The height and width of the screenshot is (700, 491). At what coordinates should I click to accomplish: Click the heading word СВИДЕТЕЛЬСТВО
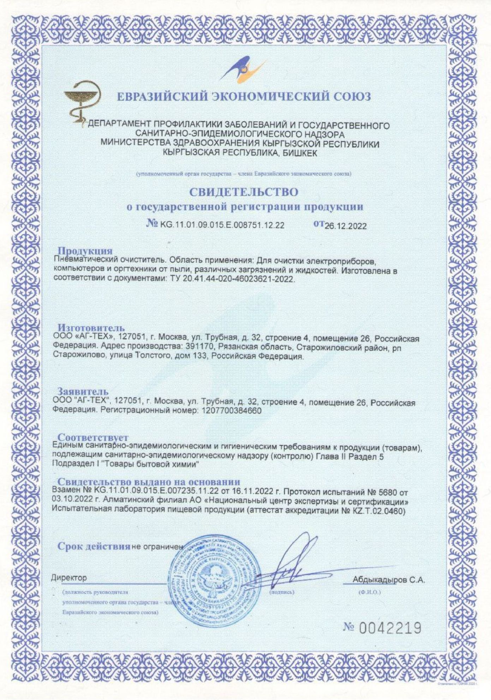click(244, 192)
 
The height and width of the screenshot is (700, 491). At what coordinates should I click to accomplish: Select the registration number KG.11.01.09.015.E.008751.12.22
click(222, 225)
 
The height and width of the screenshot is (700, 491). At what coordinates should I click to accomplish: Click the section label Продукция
click(85, 251)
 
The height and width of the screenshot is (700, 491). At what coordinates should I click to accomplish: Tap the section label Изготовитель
click(91, 328)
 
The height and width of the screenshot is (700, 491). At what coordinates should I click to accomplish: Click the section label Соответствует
click(93, 438)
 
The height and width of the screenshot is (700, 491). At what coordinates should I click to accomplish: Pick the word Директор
click(69, 578)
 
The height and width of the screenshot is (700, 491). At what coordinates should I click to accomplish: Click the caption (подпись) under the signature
click(282, 592)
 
